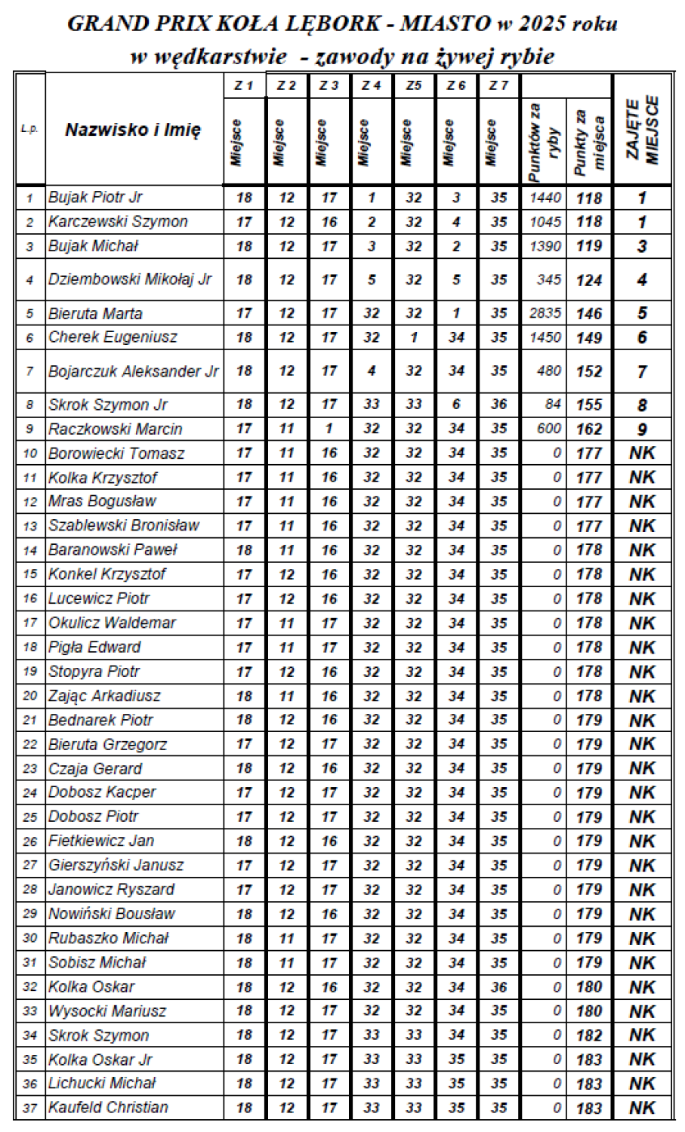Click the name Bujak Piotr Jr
(x=95, y=198)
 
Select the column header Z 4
(x=371, y=86)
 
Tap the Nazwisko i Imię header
(x=133, y=130)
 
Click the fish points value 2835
(x=545, y=313)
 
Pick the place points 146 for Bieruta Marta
(x=589, y=314)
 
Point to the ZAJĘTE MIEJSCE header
(x=642, y=130)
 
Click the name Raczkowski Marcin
(x=116, y=429)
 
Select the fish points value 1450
(x=545, y=337)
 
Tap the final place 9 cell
(x=642, y=429)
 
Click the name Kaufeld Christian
(x=108, y=1107)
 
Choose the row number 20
(x=30, y=696)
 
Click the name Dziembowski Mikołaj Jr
(x=130, y=279)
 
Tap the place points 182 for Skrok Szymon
(x=589, y=1035)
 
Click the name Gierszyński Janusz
(x=116, y=865)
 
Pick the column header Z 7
(x=498, y=86)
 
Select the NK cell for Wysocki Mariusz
(x=642, y=1011)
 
